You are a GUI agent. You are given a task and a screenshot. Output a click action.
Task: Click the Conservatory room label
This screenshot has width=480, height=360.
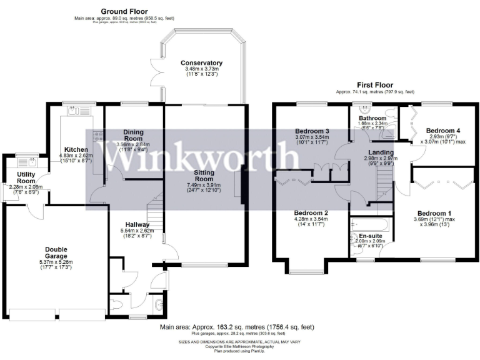tap(201, 63)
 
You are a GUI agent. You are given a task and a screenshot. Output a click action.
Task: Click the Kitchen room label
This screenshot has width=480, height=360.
tap(75, 150)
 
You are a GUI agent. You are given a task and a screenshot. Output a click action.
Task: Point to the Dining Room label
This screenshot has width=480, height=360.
tap(133, 135)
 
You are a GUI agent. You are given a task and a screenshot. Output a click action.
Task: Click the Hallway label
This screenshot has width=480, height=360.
tap(137, 224)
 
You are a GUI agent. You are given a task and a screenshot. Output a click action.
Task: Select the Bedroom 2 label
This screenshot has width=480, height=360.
tap(312, 212)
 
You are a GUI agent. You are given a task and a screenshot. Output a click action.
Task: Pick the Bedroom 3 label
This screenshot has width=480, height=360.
tap(312, 131)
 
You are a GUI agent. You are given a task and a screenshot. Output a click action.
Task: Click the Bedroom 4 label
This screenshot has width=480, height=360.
tap(443, 131)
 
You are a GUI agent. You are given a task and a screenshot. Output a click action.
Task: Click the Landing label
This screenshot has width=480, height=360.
tap(381, 152)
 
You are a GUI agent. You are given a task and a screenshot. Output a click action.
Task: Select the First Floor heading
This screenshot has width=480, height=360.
tap(375, 84)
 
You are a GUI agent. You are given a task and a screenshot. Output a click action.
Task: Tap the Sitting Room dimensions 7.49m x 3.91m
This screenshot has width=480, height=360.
tap(204, 185)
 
